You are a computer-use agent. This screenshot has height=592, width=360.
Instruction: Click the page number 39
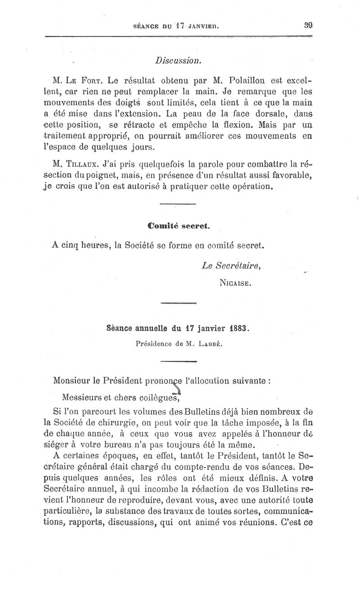click(308, 26)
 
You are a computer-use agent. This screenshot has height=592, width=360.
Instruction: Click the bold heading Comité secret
click(179, 226)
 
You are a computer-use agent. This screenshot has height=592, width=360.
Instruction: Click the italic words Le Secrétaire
click(232, 266)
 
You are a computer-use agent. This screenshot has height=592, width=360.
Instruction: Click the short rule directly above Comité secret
click(178, 205)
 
